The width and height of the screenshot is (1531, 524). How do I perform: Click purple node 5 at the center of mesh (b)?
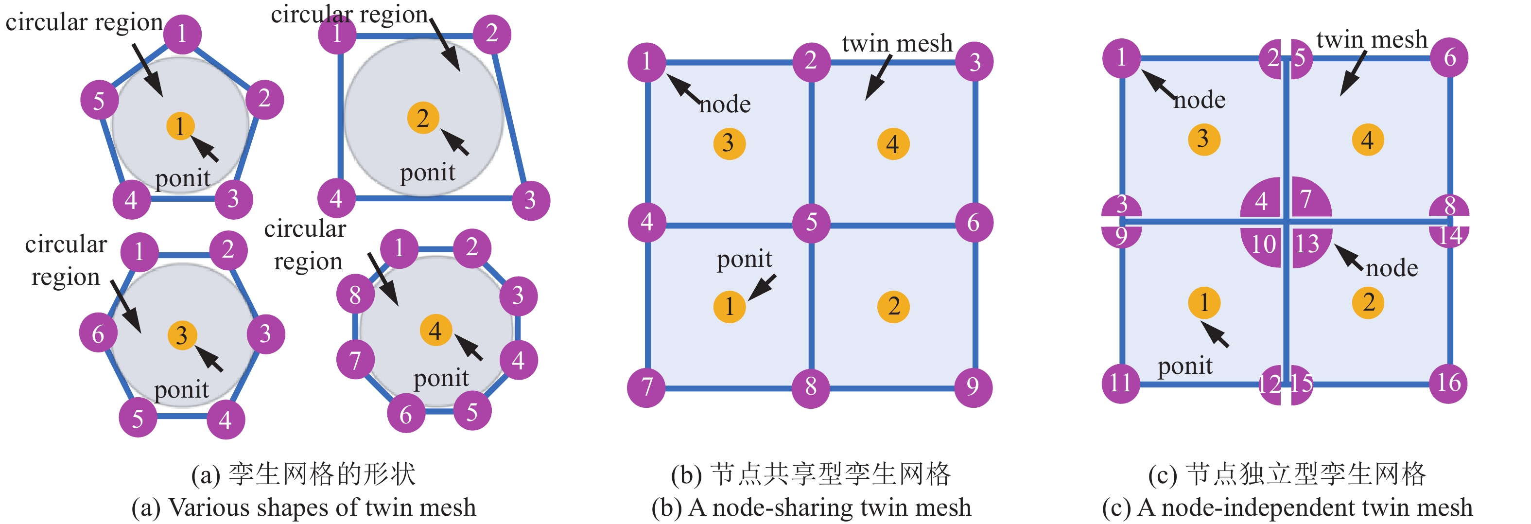click(811, 224)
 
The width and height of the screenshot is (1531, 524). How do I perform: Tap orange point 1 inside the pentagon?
click(181, 126)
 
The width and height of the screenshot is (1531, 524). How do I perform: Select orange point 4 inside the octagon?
click(435, 331)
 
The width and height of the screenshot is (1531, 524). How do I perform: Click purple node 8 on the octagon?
click(355, 294)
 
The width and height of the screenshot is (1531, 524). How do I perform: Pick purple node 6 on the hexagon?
click(98, 333)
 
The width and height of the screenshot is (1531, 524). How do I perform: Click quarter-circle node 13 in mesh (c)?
click(1309, 244)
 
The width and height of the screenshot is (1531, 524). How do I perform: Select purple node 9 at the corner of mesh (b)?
click(973, 387)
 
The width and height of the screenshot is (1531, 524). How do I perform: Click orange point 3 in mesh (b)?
click(729, 143)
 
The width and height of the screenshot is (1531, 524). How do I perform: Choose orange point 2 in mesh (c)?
click(1368, 302)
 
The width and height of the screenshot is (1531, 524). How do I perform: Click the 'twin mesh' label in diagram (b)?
click(897, 43)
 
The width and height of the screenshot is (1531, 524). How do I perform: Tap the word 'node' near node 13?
click(1392, 268)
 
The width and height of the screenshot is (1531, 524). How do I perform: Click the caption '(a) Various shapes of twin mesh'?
click(304, 507)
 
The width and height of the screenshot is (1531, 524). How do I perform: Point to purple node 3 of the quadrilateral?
click(530, 200)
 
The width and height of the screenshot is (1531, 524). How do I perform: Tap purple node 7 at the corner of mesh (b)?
click(646, 387)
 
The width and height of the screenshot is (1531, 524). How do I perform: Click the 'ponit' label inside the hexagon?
click(181, 390)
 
